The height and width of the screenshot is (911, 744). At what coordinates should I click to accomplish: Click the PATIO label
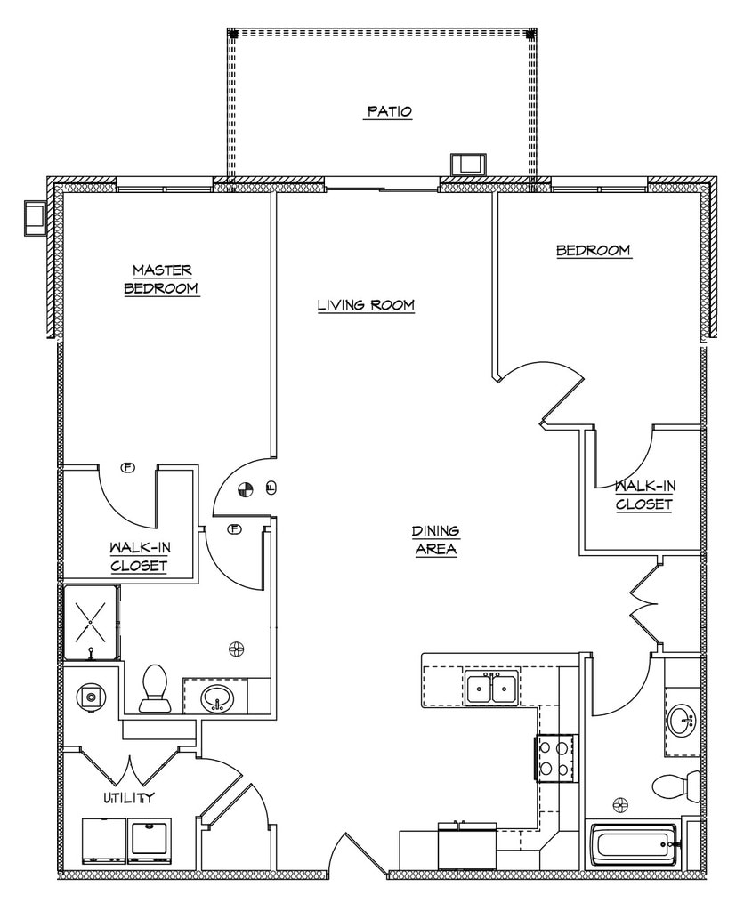[x=389, y=112]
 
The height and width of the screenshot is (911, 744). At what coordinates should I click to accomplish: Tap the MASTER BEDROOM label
[x=162, y=278]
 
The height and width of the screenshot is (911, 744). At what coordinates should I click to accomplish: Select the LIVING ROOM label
[x=366, y=305]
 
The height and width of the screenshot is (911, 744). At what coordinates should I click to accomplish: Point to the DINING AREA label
[x=435, y=540]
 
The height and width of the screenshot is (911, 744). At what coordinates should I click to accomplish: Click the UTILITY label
[x=130, y=797]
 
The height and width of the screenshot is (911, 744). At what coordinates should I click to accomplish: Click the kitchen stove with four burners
[x=556, y=759]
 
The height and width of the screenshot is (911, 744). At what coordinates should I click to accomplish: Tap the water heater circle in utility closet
[x=90, y=697]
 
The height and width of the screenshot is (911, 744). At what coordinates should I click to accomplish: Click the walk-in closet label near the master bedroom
[x=139, y=557]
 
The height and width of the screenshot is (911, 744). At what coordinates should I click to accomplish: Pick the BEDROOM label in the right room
[x=594, y=251]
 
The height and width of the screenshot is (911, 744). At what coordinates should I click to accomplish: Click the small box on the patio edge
[x=468, y=165]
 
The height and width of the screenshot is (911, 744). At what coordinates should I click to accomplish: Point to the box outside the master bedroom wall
[x=36, y=218]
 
